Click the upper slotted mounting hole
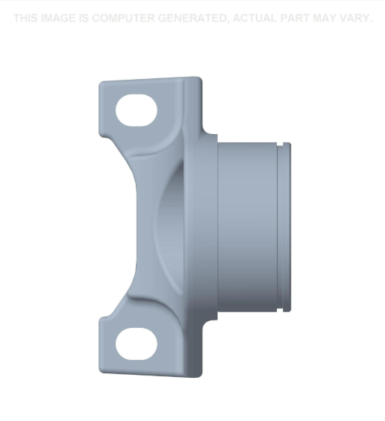tap(137, 111)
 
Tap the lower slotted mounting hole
tap(137, 344)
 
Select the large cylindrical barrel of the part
tap(246, 224)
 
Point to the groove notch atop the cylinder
tap(278, 144)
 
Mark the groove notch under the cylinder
tap(278, 308)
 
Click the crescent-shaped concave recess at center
tap(168, 224)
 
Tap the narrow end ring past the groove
tap(286, 224)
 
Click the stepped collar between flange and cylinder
tap(210, 224)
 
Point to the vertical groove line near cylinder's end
tap(278, 224)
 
